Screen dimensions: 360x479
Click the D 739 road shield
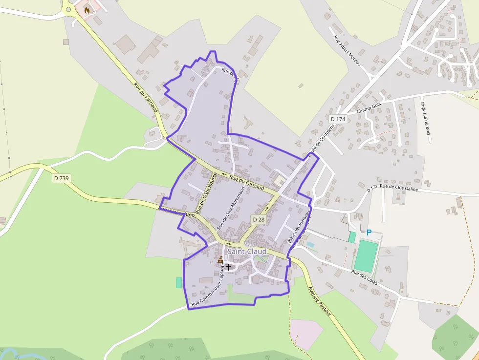[62, 178]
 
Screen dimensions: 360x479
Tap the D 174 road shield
[338, 119]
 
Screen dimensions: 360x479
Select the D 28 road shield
[259, 220]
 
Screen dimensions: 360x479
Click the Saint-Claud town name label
[247, 252]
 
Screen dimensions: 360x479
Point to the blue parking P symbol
[369, 233]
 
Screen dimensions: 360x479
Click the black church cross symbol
[228, 267]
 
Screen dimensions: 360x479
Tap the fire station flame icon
[87, 9]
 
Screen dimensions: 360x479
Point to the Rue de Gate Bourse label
[206, 194]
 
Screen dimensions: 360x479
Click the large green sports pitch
[366, 256]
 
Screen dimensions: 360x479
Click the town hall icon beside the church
[220, 260]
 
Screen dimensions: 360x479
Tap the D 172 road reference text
[372, 188]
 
